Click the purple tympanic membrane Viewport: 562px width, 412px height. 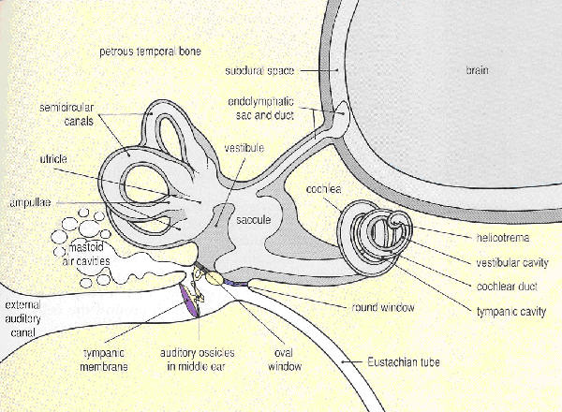(x=189, y=299)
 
